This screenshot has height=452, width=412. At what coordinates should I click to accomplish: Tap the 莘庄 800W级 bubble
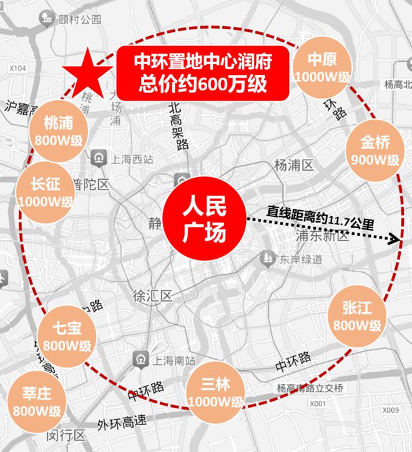[x=37, y=402]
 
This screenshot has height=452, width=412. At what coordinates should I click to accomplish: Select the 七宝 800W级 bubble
[x=67, y=337]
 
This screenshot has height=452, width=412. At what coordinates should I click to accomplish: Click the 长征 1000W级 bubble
[x=46, y=194]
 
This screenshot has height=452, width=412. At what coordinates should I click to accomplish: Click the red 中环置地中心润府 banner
[x=203, y=74]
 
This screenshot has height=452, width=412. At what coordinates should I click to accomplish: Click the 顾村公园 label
[x=78, y=19]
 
